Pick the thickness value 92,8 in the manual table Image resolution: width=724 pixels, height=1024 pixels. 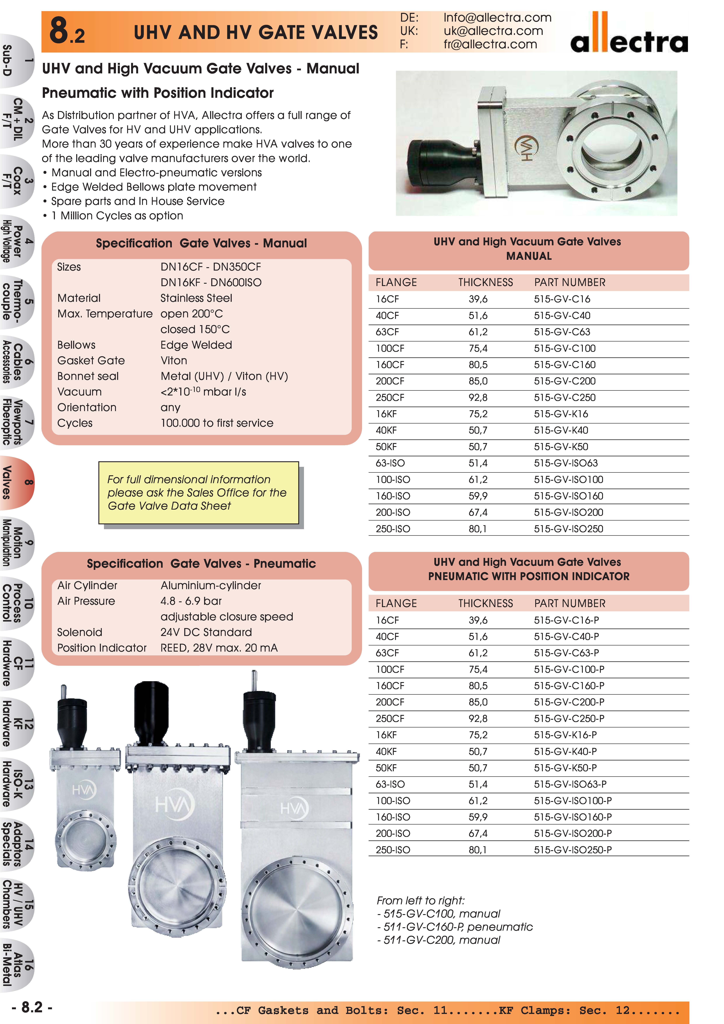point(478,397)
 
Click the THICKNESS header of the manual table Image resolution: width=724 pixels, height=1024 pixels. point(485,282)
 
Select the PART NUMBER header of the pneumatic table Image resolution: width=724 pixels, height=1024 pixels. point(570,603)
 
